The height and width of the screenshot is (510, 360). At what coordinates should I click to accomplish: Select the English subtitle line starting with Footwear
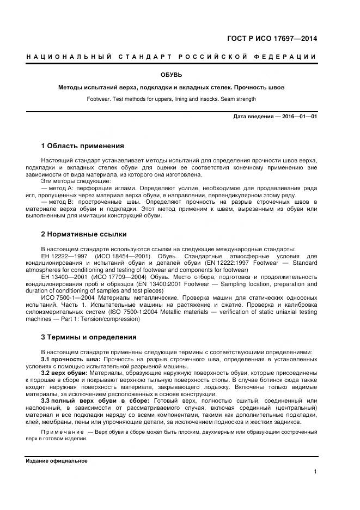tap(171, 99)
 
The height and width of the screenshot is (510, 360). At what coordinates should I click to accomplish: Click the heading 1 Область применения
tap(83, 146)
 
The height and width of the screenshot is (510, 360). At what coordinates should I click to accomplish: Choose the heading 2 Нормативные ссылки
tap(84, 234)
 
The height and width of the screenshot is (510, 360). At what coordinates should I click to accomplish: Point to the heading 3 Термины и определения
tap(89, 337)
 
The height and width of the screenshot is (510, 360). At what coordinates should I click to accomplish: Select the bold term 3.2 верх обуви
tap(65, 373)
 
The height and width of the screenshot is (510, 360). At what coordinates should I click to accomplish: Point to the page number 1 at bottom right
tap(315, 471)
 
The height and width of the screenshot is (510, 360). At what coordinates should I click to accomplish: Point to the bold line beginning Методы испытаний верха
tap(171, 87)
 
